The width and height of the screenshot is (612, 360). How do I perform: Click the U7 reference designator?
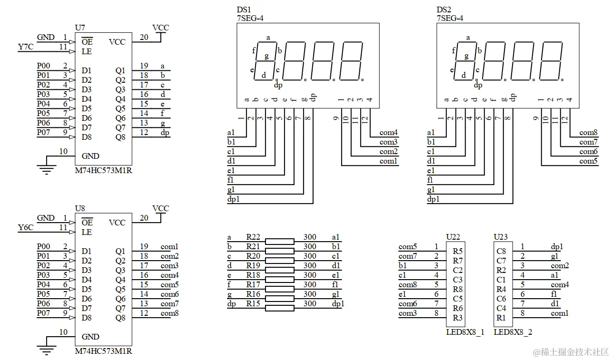coord(80,28)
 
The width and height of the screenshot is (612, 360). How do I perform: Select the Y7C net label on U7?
coord(25,47)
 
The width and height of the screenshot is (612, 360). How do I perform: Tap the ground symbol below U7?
coord(46,168)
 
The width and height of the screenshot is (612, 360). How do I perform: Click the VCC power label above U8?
coord(160,208)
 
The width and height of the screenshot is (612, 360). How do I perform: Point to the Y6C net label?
coord(25,227)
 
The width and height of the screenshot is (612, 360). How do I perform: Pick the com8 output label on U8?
coord(169,313)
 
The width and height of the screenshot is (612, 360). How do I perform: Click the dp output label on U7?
coord(165,132)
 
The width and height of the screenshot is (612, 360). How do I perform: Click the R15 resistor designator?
coord(253,303)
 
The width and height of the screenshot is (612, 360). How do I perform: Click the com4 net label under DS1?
coord(388,133)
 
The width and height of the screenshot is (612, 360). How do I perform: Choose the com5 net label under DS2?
coord(588,161)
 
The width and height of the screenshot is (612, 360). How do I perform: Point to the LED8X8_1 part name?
coord(465,332)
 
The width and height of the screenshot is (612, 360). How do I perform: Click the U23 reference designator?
coord(501,237)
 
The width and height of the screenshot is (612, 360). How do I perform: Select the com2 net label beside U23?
coord(560,265)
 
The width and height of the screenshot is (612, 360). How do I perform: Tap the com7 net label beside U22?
coord(408,256)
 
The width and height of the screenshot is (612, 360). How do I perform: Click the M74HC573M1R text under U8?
coord(103,351)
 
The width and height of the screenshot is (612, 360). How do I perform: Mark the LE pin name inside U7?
coord(87,51)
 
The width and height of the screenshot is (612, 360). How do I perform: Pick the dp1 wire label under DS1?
coord(234,199)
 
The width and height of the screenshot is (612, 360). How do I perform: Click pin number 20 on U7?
coord(144,37)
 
